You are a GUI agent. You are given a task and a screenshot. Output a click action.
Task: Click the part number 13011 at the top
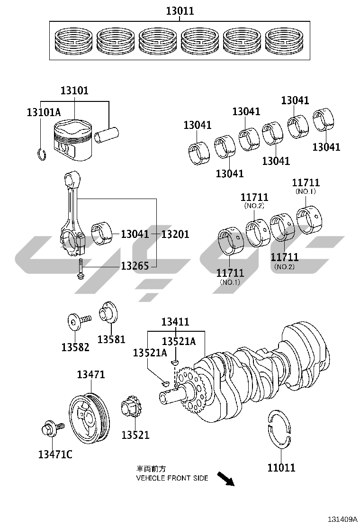pyautogui.click(x=180, y=11)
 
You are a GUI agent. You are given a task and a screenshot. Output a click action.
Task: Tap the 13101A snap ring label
pyautogui.click(x=44, y=112)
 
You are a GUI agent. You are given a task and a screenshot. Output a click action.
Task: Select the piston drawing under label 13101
pyautogui.click(x=73, y=140)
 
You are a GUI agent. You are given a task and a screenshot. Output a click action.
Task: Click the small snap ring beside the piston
pyautogui.click(x=41, y=154)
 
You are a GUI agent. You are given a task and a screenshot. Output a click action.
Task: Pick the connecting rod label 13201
pyautogui.click(x=175, y=234)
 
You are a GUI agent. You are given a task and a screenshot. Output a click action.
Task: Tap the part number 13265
pyautogui.click(x=135, y=266)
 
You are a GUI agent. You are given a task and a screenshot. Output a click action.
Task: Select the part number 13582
pyautogui.click(x=75, y=347)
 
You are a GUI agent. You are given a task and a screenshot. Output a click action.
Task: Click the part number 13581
pyautogui.click(x=111, y=339)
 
